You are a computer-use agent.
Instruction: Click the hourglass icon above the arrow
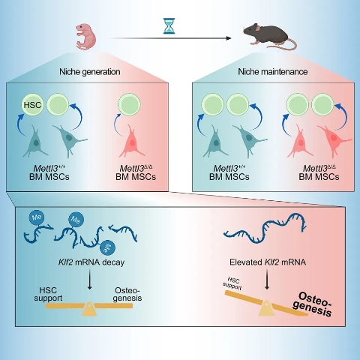(169, 25)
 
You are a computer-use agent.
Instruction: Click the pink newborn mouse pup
(85, 37)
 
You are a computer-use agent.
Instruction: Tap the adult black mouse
(269, 35)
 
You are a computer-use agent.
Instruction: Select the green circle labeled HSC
(32, 104)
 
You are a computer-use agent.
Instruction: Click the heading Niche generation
(90, 72)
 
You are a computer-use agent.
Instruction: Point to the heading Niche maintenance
(273, 72)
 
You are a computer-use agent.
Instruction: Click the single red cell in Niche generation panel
(132, 141)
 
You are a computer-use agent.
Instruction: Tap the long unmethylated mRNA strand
(265, 229)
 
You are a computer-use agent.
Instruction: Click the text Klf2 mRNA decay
(91, 262)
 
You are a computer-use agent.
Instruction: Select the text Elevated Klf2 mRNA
(268, 262)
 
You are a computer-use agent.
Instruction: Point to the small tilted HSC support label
(232, 283)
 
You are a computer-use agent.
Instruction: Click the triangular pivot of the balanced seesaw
(89, 308)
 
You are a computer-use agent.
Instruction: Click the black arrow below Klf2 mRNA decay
(89, 280)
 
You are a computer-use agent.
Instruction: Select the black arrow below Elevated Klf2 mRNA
(267, 280)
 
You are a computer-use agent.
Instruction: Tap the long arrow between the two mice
(170, 38)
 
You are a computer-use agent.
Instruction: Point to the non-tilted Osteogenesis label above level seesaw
(127, 295)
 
